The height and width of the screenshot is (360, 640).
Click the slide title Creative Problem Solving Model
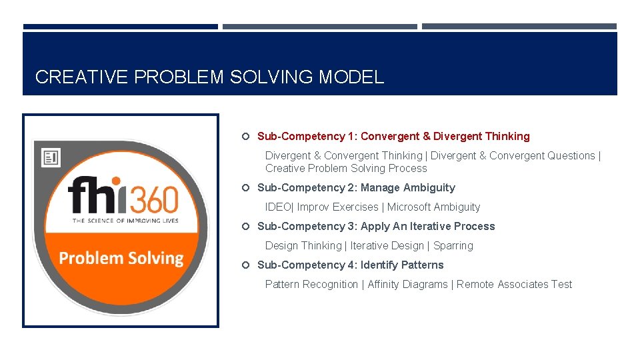pyautogui.click(x=209, y=77)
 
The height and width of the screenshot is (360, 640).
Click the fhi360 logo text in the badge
pyautogui.click(x=123, y=196)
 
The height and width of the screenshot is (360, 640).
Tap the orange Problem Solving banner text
pyautogui.click(x=121, y=259)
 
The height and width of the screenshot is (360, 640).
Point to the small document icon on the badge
pyautogui.click(x=51, y=157)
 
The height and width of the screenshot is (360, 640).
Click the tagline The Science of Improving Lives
pyautogui.click(x=125, y=221)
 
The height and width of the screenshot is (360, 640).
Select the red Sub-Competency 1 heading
pyautogui.click(x=393, y=136)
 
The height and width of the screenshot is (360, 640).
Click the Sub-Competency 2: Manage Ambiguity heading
pyautogui.click(x=356, y=188)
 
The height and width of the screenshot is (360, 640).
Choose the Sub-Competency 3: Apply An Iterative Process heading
pyautogui.click(x=376, y=227)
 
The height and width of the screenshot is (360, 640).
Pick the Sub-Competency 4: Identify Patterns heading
pyautogui.click(x=350, y=265)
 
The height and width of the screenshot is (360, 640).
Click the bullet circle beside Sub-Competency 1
pyautogui.click(x=245, y=137)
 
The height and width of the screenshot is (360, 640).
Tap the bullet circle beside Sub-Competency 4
pyautogui.click(x=245, y=265)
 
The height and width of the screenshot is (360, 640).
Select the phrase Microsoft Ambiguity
pyautogui.click(x=433, y=207)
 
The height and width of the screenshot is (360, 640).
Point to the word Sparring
pyautogui.click(x=453, y=246)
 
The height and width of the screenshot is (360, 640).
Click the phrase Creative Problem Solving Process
pyautogui.click(x=346, y=169)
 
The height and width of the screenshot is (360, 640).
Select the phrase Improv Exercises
pyautogui.click(x=337, y=207)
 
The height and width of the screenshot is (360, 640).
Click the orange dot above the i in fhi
pyautogui.click(x=115, y=181)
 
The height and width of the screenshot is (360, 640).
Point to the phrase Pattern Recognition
pyautogui.click(x=311, y=285)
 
